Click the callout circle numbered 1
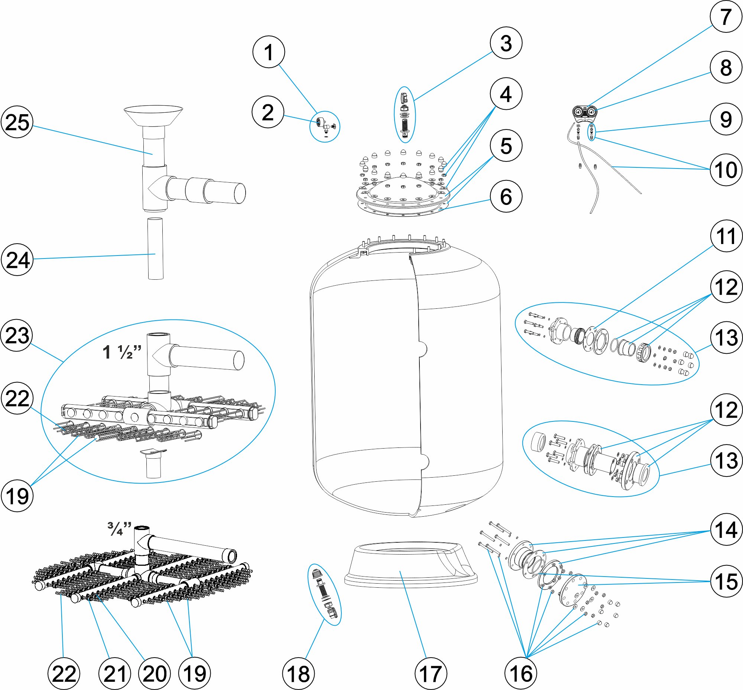point(269,52)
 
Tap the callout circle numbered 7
point(726,17)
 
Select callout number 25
point(17,122)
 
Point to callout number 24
point(17,260)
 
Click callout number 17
point(431,674)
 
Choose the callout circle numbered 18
point(298,674)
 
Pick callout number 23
point(17,335)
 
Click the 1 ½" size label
point(122,352)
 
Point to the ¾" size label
point(119,529)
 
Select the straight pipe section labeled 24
point(156,248)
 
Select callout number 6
point(506,196)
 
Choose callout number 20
point(155,674)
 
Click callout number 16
point(521,674)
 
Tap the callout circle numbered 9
point(726,119)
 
